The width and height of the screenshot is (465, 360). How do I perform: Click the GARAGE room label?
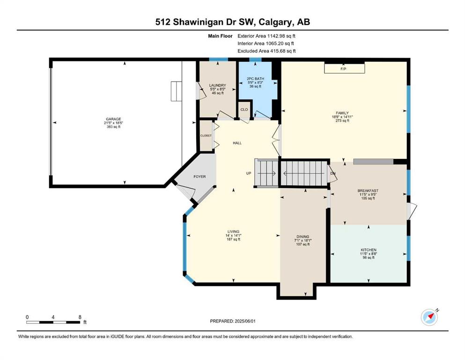(114, 119)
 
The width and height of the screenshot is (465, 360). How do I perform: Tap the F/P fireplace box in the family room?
(344, 68)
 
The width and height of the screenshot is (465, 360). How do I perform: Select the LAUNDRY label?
(217, 85)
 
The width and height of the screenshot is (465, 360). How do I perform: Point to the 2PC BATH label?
(255, 79)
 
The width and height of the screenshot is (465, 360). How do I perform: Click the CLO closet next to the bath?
(244, 110)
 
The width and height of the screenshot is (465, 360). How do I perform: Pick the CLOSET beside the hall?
(206, 135)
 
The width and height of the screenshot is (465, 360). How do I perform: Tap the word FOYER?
(199, 177)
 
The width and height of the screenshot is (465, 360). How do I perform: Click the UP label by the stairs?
(249, 173)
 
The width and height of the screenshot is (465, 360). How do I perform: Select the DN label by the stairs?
(333, 173)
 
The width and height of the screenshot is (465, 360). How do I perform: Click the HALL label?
(237, 143)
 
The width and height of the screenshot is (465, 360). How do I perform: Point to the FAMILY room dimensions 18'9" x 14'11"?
(342, 117)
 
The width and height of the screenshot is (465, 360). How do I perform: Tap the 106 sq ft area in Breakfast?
(368, 198)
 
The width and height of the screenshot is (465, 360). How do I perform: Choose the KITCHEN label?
(369, 250)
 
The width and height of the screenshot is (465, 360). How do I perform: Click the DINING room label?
(303, 237)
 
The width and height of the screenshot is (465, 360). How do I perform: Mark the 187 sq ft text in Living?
(233, 239)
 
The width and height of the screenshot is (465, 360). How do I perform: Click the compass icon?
(429, 317)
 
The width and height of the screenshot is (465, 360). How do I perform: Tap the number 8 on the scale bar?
(80, 317)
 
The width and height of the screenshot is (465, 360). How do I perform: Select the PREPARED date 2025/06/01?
(245, 321)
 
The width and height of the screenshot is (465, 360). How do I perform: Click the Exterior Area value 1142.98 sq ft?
(281, 36)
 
